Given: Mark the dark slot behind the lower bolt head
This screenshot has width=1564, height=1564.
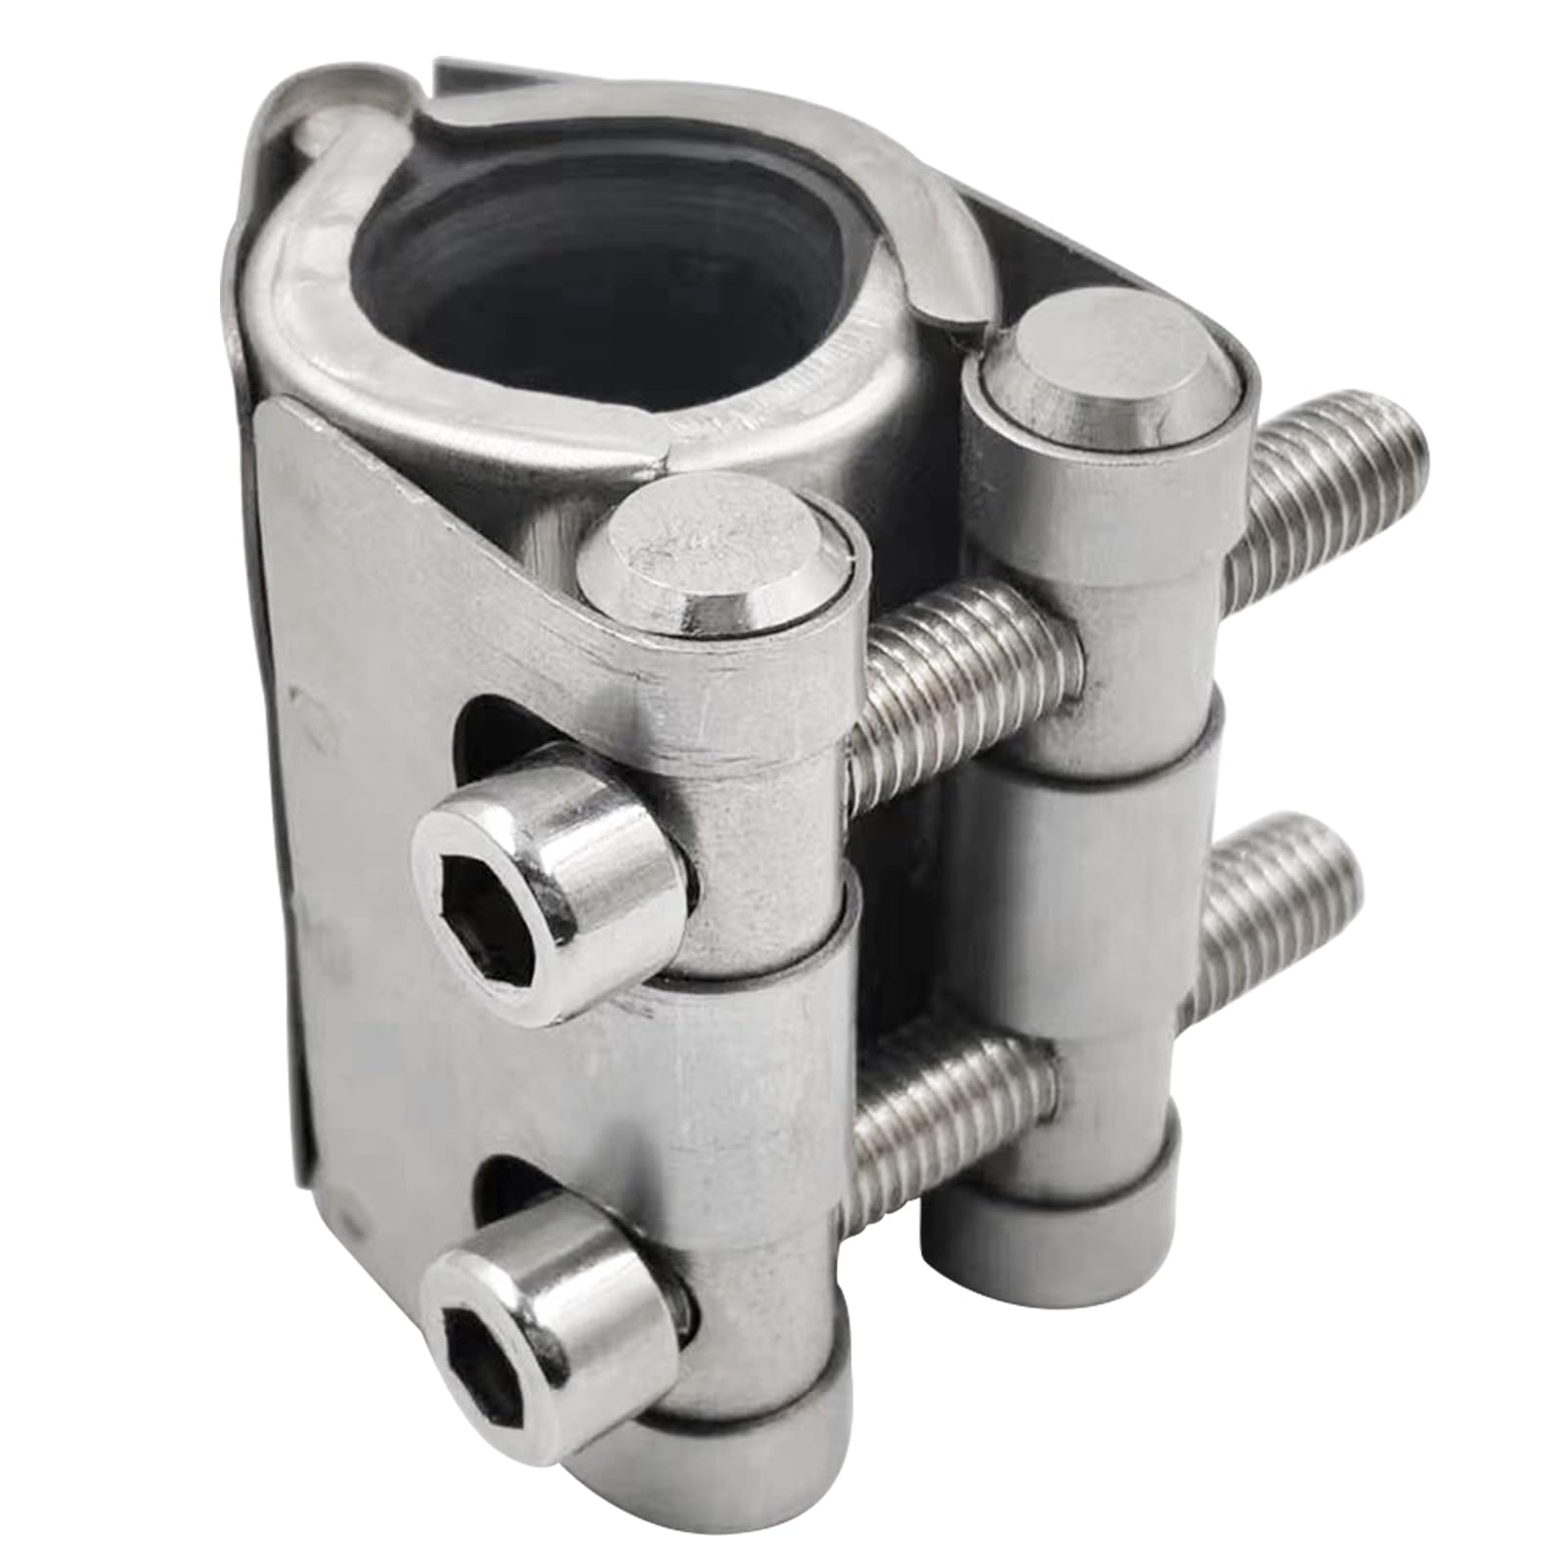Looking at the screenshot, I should pos(499,1188).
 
